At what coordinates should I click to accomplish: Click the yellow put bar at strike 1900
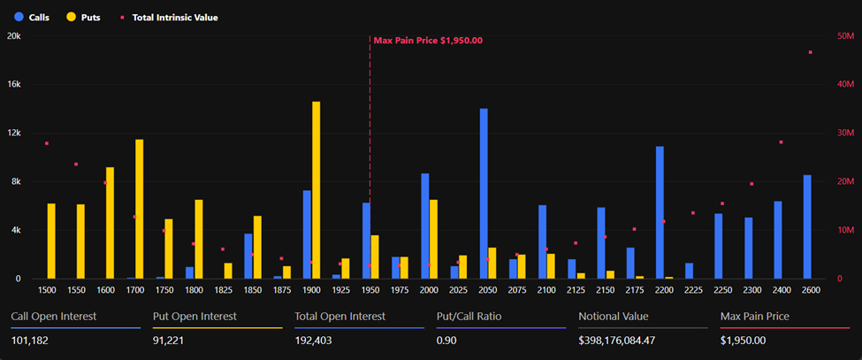(316, 190)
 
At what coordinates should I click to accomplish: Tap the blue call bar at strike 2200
(660, 212)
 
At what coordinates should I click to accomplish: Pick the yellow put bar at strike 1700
(139, 209)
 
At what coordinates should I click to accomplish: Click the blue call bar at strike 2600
(806, 226)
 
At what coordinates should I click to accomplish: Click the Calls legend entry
(30, 17)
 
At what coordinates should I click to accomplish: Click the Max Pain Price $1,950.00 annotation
(428, 41)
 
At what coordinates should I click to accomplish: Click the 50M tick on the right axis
(844, 36)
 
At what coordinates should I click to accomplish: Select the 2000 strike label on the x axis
(429, 290)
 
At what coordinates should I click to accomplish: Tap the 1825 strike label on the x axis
(223, 290)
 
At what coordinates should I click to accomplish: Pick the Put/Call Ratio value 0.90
(447, 341)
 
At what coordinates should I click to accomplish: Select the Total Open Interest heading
(339, 316)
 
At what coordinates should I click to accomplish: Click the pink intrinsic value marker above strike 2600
(810, 52)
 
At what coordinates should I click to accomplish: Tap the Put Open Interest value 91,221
(171, 341)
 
